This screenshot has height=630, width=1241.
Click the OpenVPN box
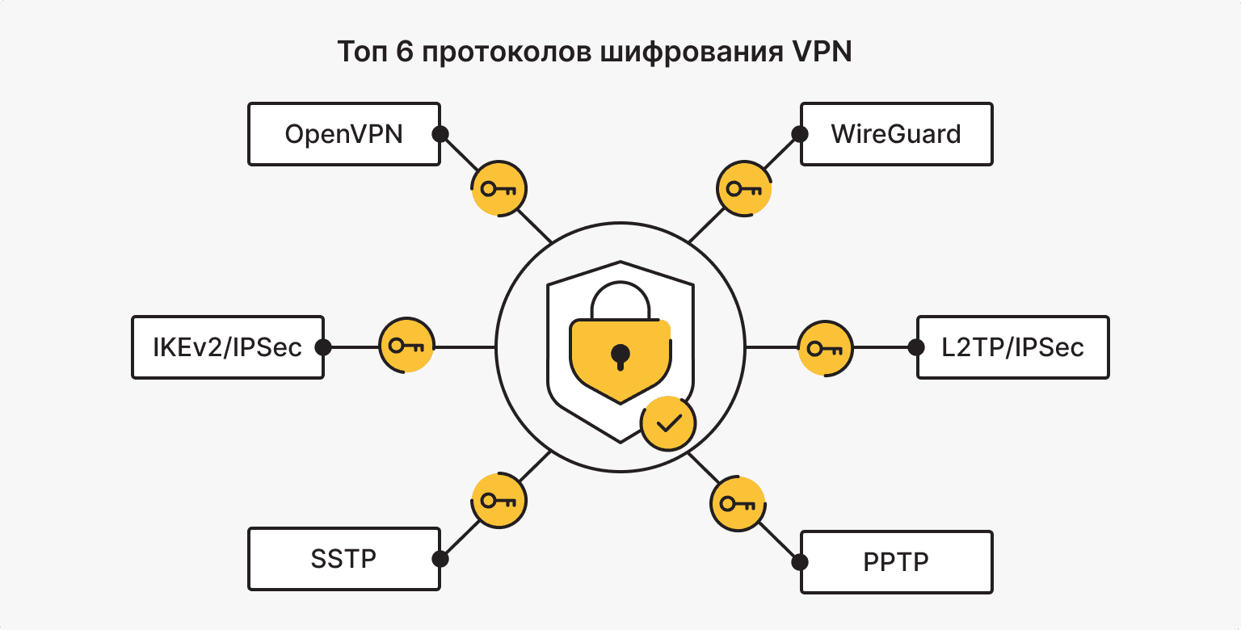pyautogui.click(x=343, y=134)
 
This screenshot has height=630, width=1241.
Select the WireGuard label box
pyautogui.click(x=896, y=134)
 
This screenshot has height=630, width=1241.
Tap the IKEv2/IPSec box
pyautogui.click(x=227, y=347)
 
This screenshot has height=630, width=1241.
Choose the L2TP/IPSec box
pyautogui.click(x=1012, y=347)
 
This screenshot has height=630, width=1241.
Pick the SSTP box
pyautogui.click(x=343, y=559)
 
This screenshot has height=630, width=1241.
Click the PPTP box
pyautogui.click(x=896, y=562)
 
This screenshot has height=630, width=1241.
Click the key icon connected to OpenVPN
pyautogui.click(x=499, y=190)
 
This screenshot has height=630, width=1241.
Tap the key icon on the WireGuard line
pyautogui.click(x=744, y=190)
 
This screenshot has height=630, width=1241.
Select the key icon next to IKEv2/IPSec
pyautogui.click(x=407, y=346)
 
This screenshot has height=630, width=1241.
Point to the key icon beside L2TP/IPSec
pyautogui.click(x=826, y=349)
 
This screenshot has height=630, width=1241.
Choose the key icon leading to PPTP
pyautogui.click(x=738, y=505)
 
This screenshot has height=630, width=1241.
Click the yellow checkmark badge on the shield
pyautogui.click(x=668, y=423)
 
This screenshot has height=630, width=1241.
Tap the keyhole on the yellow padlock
pyautogui.click(x=620, y=355)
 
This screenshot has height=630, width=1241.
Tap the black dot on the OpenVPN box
pyautogui.click(x=440, y=134)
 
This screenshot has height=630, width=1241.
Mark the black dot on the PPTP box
pyautogui.click(x=800, y=562)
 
